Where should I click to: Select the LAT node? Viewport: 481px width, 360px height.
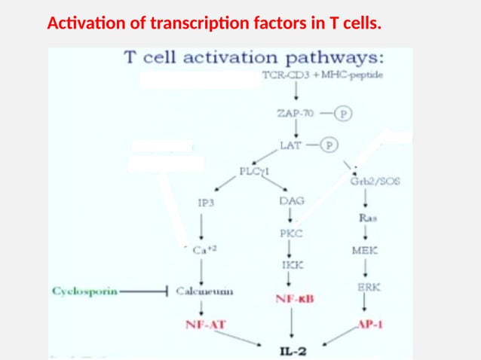click(x=291, y=144)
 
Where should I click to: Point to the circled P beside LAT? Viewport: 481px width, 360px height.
click(x=329, y=145)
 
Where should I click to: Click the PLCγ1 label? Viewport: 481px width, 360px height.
click(x=255, y=171)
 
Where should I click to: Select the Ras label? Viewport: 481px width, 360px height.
click(x=367, y=218)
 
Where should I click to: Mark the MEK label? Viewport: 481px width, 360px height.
click(x=365, y=250)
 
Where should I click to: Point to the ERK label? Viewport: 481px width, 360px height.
click(x=368, y=287)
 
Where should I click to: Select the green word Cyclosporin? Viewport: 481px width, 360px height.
click(x=85, y=291)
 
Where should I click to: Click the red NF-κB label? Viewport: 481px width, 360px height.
click(x=294, y=299)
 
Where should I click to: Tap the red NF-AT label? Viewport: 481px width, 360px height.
click(x=206, y=324)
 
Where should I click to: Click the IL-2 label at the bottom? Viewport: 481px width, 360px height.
click(x=293, y=349)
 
